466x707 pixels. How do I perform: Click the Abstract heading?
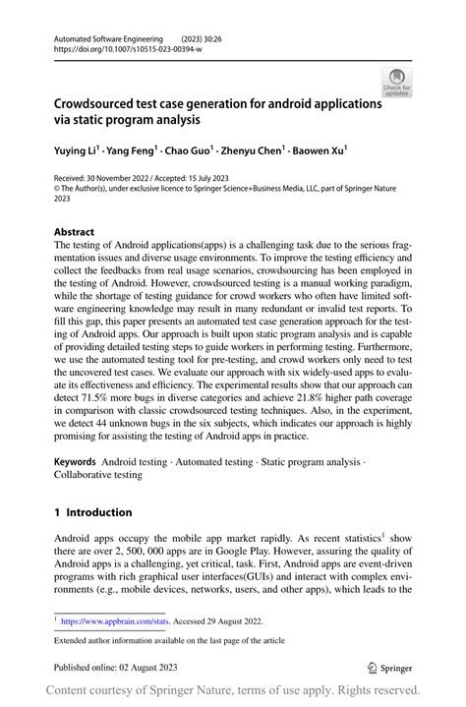(74, 233)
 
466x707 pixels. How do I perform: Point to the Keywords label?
(75, 461)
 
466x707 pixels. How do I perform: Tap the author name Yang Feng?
(134, 152)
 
